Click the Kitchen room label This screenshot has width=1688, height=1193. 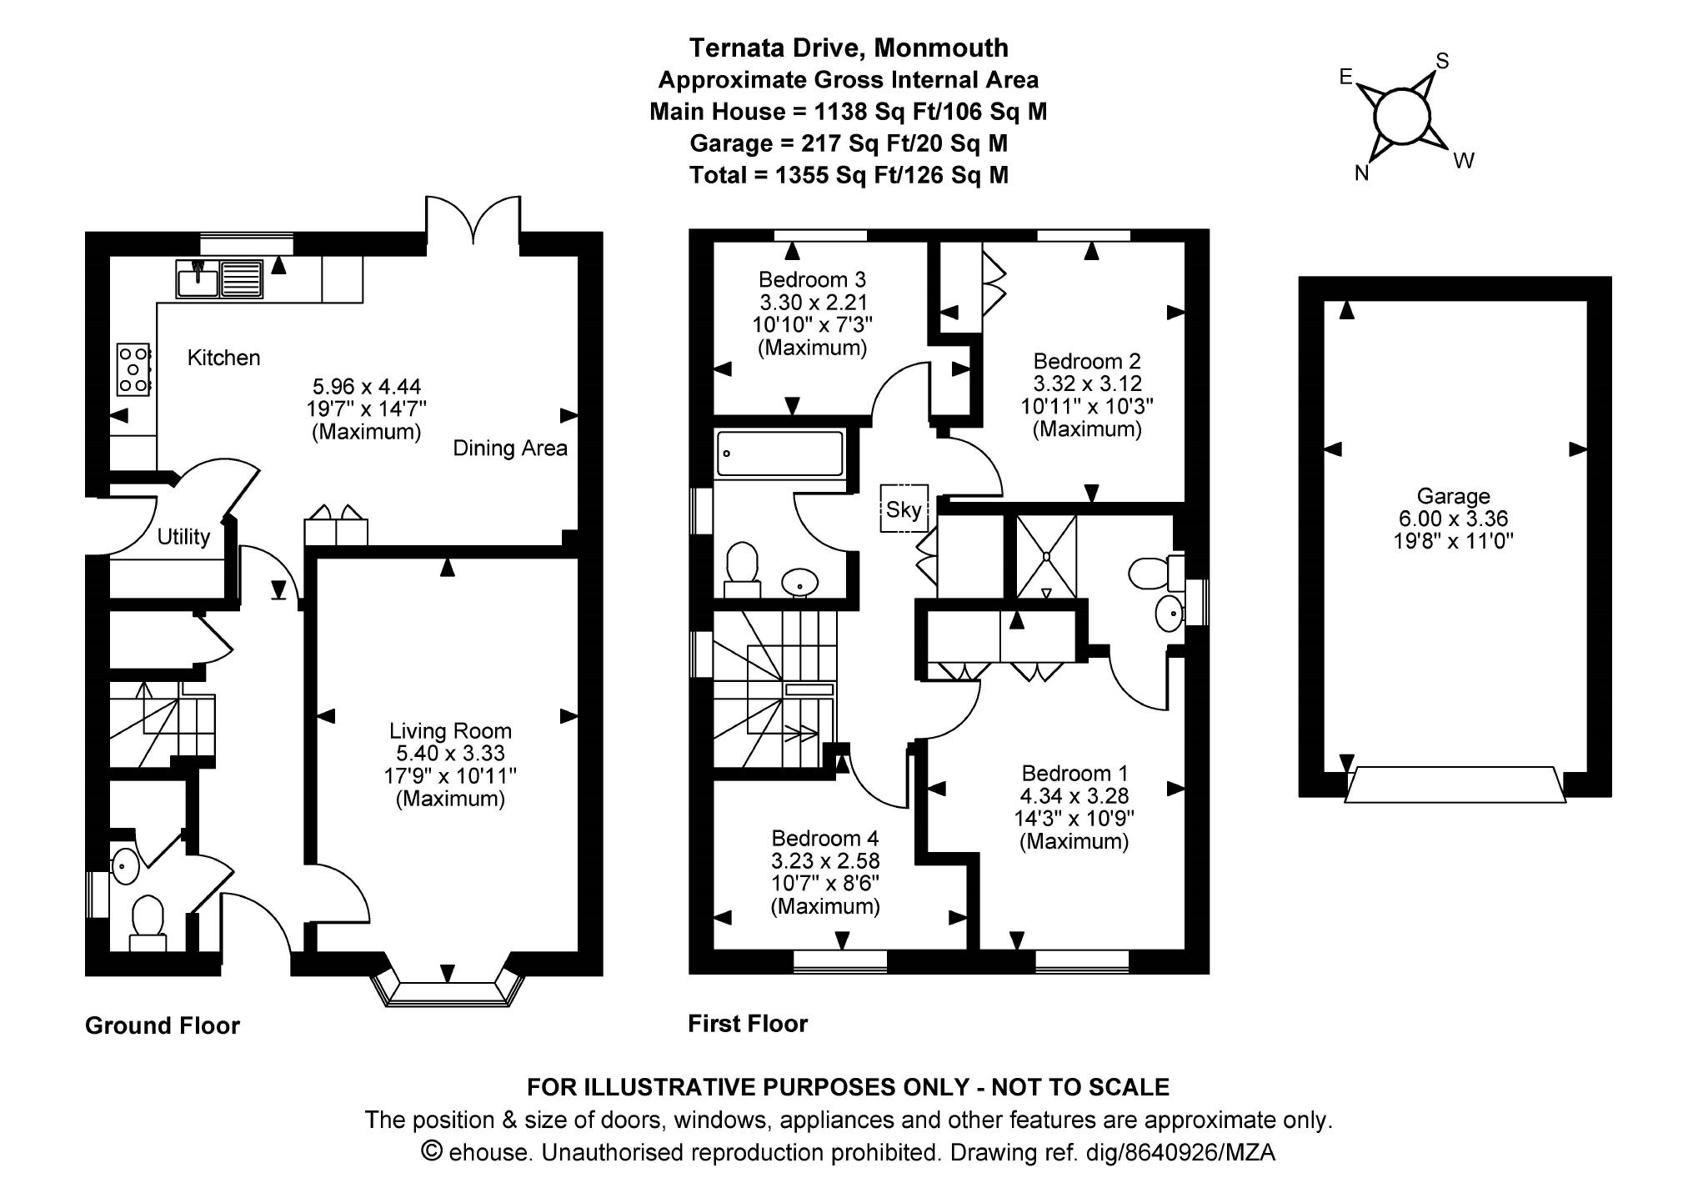223,358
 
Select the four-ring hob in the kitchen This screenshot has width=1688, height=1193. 133,368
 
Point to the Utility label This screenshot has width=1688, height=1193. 183,537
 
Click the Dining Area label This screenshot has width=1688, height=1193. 510,449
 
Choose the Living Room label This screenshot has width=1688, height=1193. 450,731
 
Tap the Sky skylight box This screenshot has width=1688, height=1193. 904,509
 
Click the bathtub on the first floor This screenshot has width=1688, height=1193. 779,454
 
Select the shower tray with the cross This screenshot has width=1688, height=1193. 1046,556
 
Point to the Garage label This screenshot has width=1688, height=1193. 1453,496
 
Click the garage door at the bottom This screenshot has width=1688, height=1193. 1455,784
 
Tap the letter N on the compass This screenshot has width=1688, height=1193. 1361,173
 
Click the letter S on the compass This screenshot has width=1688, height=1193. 1442,61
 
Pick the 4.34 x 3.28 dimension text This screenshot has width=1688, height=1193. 1074,795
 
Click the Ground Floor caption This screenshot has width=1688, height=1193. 163,1025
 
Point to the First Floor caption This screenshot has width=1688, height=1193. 748,1023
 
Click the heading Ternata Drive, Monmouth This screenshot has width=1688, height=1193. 848,48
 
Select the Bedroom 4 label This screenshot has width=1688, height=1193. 825,838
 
